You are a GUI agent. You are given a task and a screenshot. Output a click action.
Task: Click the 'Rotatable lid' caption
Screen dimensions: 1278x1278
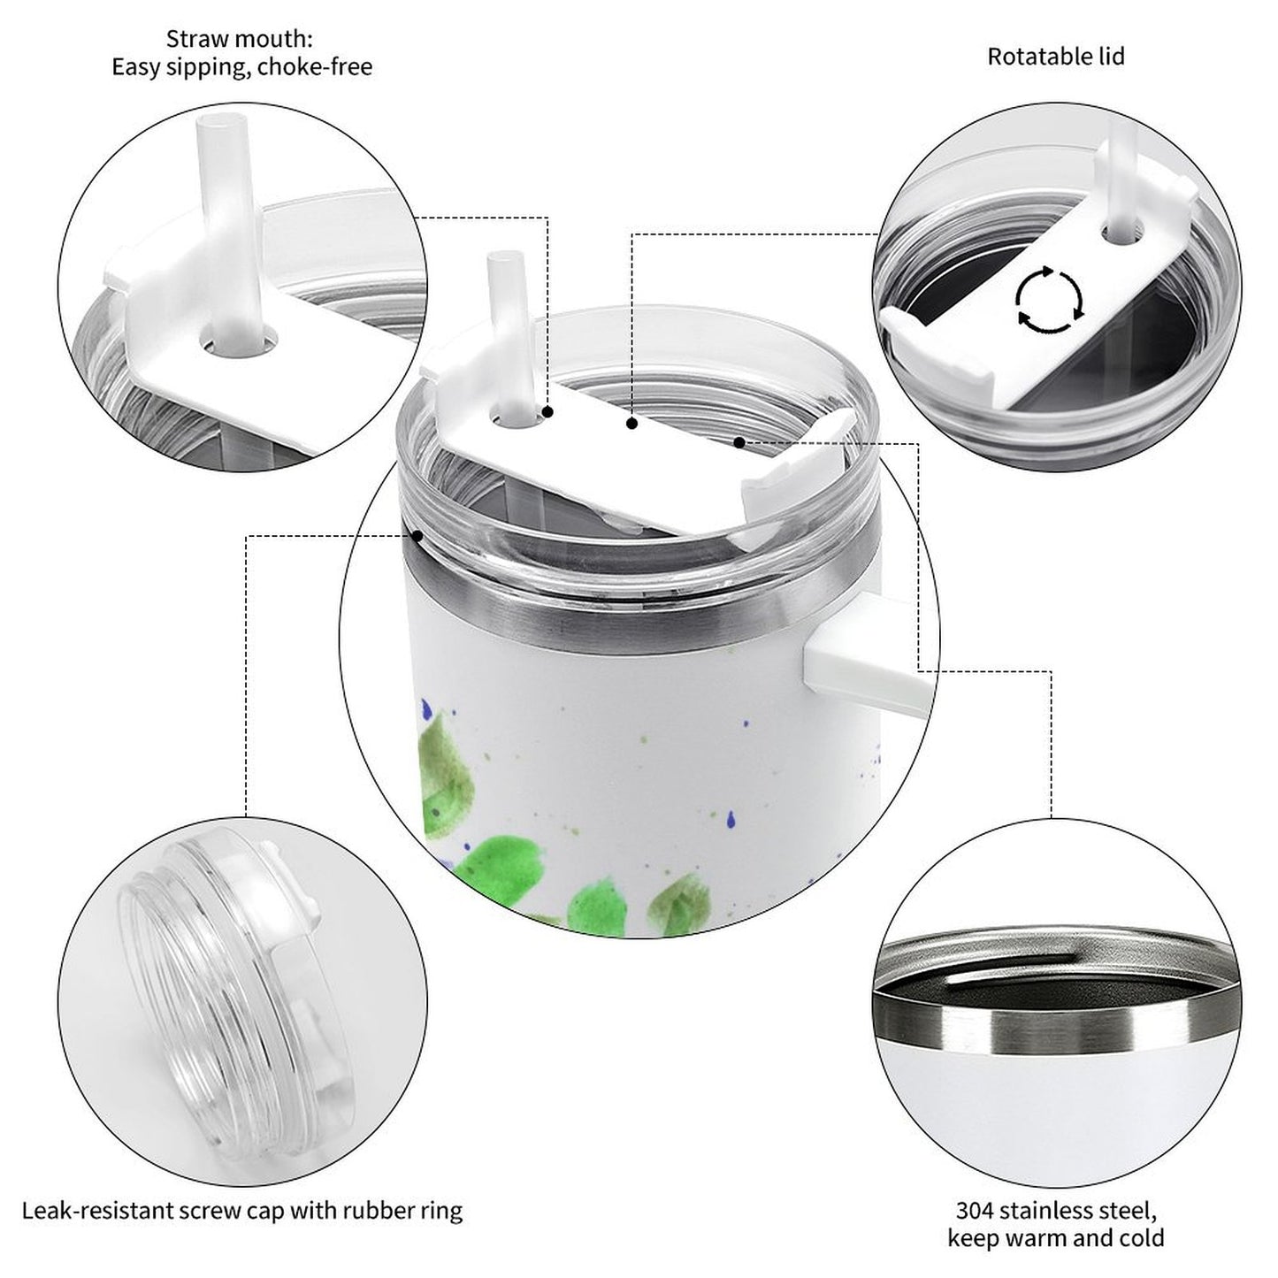click(x=1056, y=57)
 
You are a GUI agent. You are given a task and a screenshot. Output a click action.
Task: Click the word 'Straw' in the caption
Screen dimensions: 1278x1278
click(x=193, y=39)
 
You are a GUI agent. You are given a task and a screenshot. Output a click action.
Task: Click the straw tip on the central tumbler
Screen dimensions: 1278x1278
click(x=505, y=256)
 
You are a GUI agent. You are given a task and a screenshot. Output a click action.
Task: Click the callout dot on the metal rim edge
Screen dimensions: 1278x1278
click(x=417, y=535)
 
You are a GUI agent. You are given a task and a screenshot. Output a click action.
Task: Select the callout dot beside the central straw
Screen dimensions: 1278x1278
click(x=547, y=412)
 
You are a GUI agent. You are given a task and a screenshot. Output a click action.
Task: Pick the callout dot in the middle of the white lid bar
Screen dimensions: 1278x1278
click(x=632, y=423)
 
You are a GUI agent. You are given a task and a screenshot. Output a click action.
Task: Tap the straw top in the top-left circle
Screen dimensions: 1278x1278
click(x=224, y=123)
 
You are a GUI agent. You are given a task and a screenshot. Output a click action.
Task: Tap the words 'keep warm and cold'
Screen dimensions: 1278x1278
click(x=1056, y=1237)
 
